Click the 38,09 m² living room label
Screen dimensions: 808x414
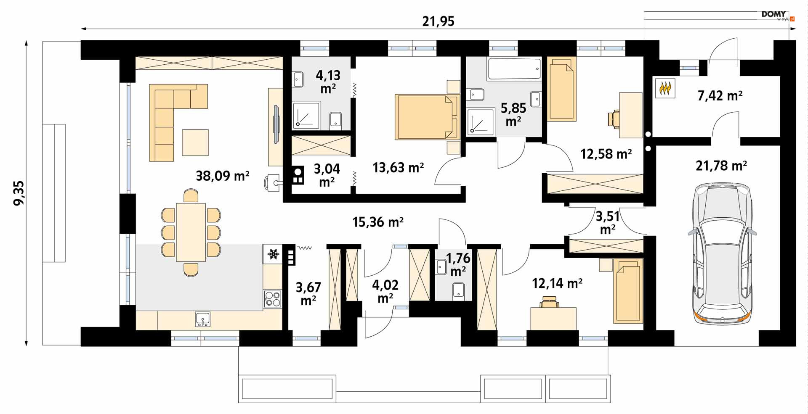point(223,175)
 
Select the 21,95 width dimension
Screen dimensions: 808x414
point(438,21)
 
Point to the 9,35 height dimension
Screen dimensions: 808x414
point(19,193)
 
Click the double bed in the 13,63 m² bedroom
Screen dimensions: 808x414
point(426,117)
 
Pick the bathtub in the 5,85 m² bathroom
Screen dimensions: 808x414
point(514,69)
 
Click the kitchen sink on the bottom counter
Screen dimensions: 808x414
point(203,319)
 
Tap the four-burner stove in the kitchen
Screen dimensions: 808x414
point(272,298)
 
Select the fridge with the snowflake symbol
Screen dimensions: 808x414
point(273,254)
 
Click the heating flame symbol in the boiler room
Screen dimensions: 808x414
point(665,89)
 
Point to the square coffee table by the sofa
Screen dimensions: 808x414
point(195,142)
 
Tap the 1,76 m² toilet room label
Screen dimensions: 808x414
point(458,264)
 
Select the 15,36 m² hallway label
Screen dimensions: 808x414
point(378,222)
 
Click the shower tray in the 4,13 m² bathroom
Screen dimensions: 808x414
point(306,115)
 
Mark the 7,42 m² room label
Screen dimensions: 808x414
point(720,96)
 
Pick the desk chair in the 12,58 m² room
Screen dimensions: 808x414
point(614,118)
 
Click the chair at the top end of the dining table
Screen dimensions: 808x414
point(191,196)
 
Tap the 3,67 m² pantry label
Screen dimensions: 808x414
point(308,293)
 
